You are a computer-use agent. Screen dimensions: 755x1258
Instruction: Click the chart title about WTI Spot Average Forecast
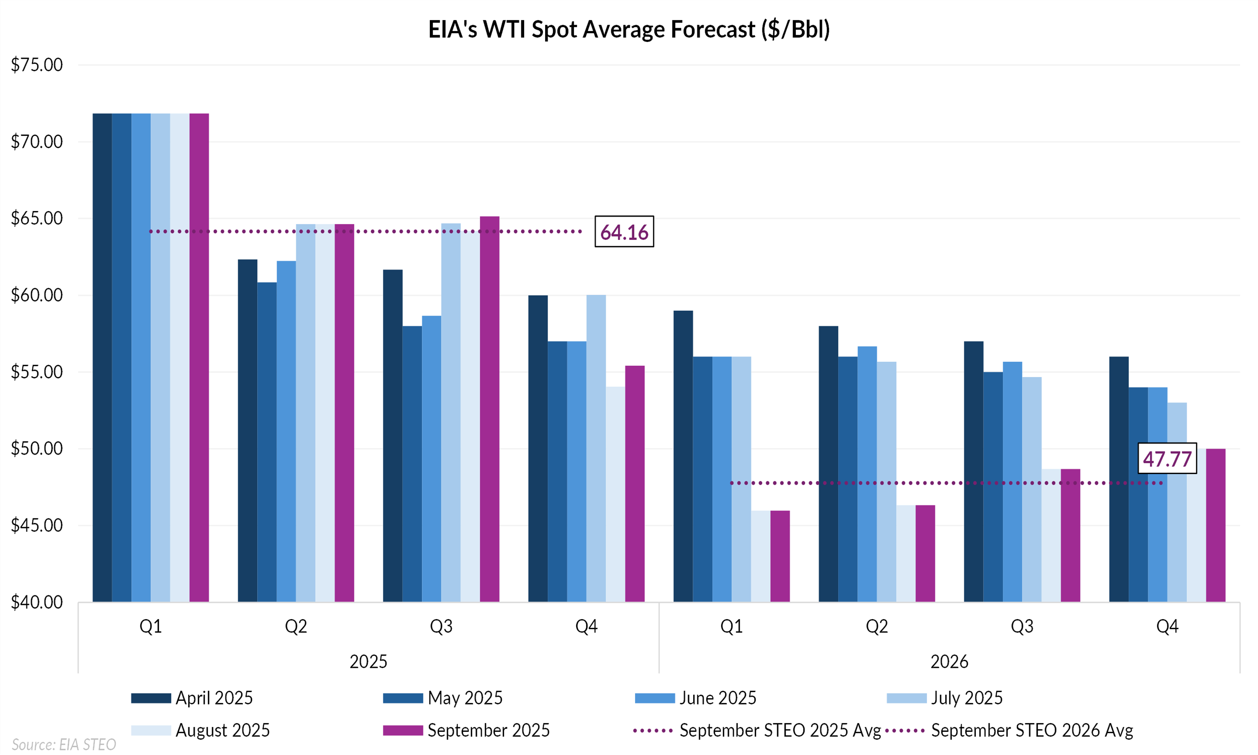pos(629,29)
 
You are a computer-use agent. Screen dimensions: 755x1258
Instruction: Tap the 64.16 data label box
pos(624,232)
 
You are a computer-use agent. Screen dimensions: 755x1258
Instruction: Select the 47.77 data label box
pos(1167,459)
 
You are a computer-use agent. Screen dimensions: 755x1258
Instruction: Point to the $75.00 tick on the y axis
pos(36,65)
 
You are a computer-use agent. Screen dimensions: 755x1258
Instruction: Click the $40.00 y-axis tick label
pos(36,602)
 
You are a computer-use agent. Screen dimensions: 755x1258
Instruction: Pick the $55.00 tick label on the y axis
pos(36,372)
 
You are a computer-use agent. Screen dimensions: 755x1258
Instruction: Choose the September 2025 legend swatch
pos(403,731)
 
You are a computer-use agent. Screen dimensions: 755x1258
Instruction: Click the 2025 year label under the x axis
pos(368,662)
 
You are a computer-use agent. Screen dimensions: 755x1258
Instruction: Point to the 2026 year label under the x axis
pos(949,662)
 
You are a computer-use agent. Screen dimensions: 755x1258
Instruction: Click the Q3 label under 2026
pos(1021,626)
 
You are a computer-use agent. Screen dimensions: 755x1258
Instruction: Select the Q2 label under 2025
pos(296,626)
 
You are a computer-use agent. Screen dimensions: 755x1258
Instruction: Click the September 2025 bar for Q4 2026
pos(1215,525)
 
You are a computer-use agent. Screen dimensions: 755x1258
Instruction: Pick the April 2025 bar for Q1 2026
pos(683,456)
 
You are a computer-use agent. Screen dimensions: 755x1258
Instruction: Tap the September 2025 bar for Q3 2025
pos(489,409)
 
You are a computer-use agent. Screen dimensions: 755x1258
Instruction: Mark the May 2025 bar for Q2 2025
pos(267,442)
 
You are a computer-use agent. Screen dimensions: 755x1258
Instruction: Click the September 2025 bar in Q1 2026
pos(780,556)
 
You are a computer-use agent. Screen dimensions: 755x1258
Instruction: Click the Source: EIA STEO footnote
pos(64,745)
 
